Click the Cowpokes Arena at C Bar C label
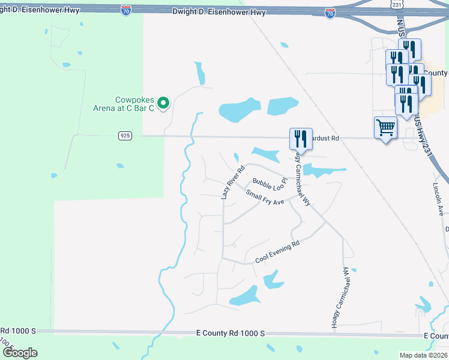[134, 103]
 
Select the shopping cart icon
[385, 127]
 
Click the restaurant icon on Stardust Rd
[300, 139]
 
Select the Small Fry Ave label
[265, 197]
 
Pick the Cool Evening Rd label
[277, 253]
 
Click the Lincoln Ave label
[439, 203]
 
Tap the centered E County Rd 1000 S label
[231, 332]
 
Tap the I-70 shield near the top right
[330, 13]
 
